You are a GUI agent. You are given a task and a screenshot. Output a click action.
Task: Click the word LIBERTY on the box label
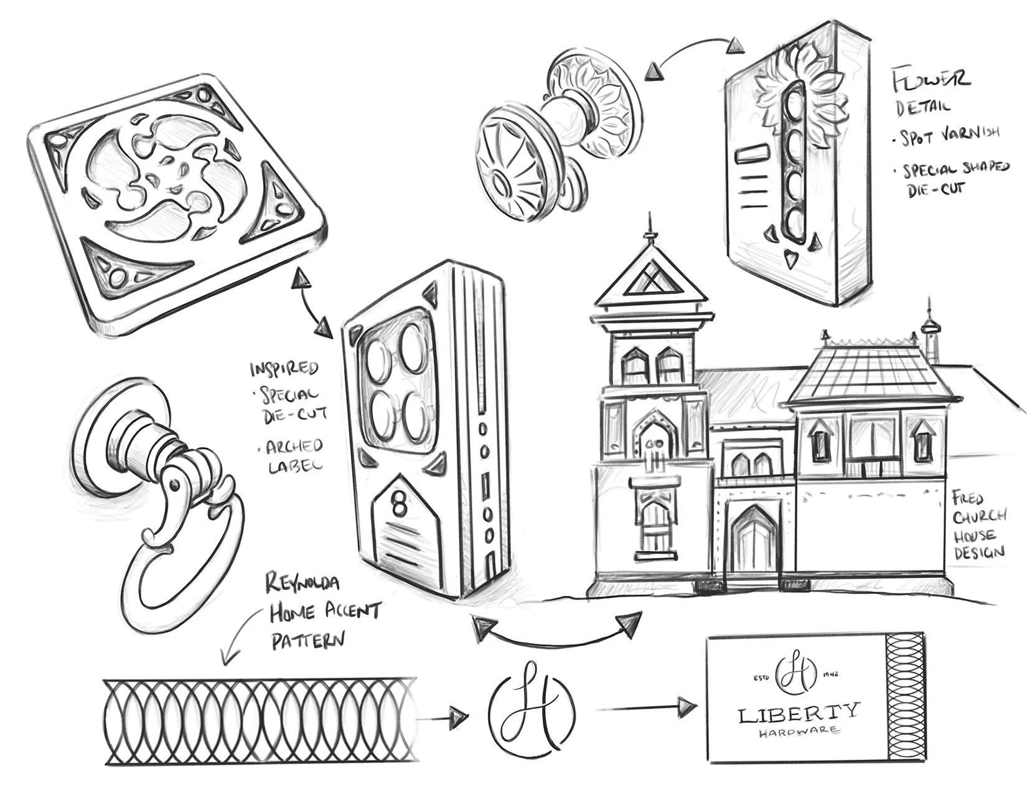click(x=799, y=714)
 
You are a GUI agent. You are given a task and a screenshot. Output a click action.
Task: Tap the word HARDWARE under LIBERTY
click(x=799, y=733)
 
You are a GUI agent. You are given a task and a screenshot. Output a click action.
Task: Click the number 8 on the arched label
click(x=398, y=494)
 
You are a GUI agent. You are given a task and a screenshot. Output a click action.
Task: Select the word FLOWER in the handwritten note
click(x=932, y=80)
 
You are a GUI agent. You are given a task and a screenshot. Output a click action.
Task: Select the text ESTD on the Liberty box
click(x=762, y=678)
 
